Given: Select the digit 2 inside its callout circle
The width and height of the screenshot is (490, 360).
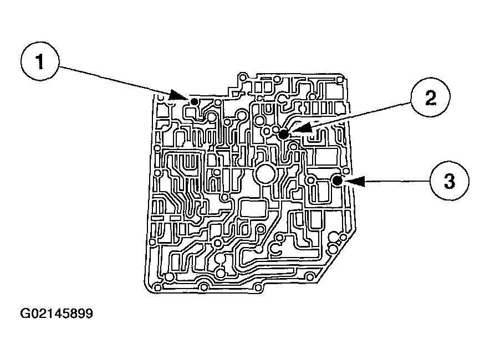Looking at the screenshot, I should [x=430, y=98].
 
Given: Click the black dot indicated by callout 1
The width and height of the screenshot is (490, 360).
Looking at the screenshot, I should [x=195, y=101].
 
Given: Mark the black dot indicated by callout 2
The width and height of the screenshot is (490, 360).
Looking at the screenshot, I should [x=283, y=134].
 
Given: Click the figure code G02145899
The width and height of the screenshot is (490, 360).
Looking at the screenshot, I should [x=57, y=314].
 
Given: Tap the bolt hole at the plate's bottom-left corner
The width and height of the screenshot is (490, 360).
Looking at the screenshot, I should [x=159, y=287].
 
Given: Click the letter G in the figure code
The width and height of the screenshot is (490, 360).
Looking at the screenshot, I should [x=25, y=314].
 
